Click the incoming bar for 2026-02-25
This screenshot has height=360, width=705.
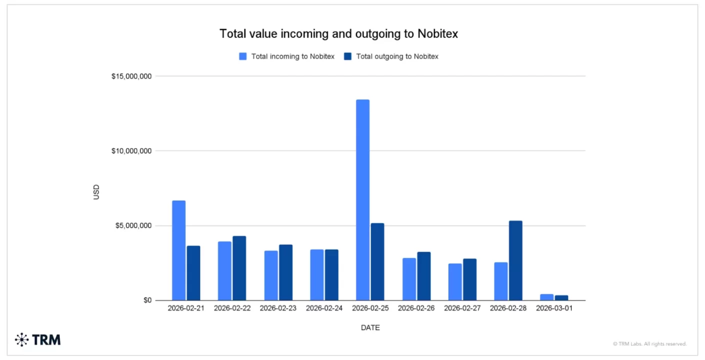tap(362, 200)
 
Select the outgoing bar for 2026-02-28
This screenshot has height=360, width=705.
tap(515, 260)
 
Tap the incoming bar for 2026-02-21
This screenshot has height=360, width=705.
tap(178, 250)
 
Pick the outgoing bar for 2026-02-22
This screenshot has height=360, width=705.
tap(239, 268)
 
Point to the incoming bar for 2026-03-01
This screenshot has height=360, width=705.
tap(546, 297)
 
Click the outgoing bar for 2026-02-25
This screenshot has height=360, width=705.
tap(377, 261)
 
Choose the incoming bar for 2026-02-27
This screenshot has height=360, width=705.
tap(454, 282)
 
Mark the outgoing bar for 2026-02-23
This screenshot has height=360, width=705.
tap(285, 272)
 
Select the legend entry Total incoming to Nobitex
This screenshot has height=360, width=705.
tap(286, 56)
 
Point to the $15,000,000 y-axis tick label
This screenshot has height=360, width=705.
tap(132, 76)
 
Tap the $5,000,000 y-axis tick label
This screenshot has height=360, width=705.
tap(134, 226)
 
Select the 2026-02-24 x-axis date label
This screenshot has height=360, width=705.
tap(324, 308)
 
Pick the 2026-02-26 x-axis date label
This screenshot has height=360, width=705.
tap(416, 308)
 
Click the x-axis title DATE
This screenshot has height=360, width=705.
tap(370, 328)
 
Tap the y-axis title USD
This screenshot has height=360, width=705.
tap(96, 192)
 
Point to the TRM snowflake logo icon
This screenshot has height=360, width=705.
tap(22, 340)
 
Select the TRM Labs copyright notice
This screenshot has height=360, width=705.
tap(649, 344)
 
